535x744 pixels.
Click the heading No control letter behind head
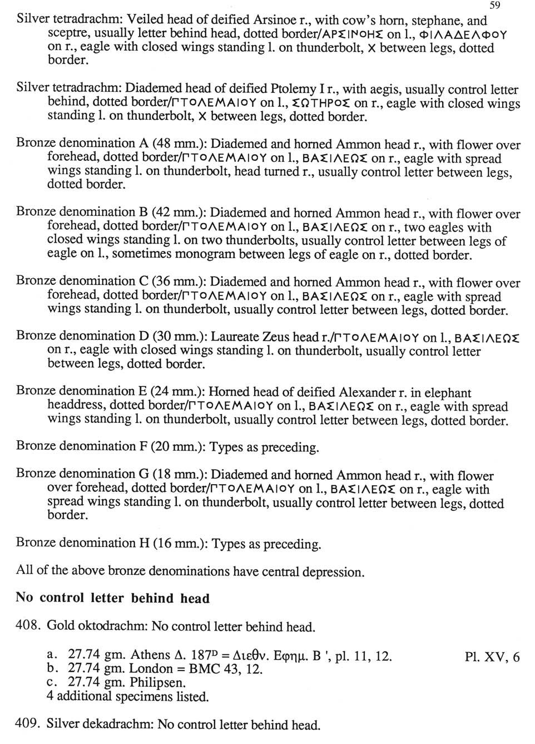coord(113,598)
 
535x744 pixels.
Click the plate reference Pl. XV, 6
coord(492,657)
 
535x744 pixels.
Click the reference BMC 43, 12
coord(228,669)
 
